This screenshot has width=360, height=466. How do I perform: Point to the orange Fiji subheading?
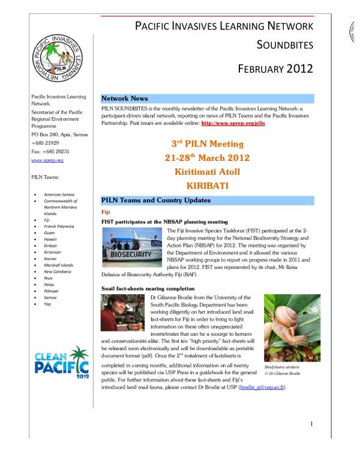(106, 212)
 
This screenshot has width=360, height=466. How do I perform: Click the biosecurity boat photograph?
(133, 246)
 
